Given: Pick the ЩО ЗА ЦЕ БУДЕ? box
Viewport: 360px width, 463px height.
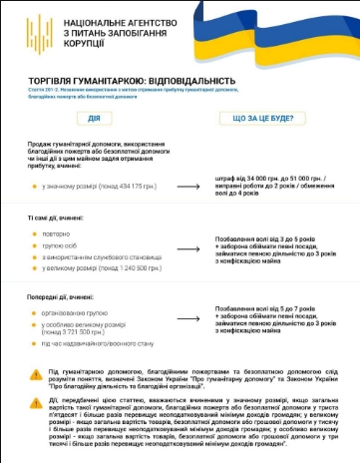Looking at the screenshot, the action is [x=262, y=118].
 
